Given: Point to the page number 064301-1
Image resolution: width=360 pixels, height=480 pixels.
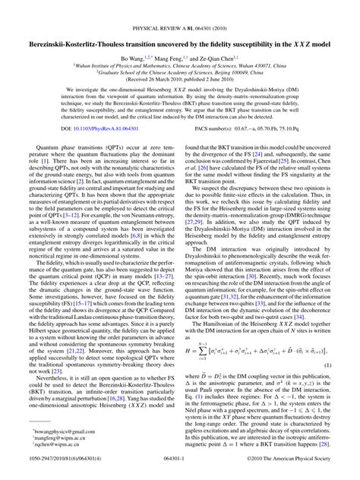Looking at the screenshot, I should tap(180, 471).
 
